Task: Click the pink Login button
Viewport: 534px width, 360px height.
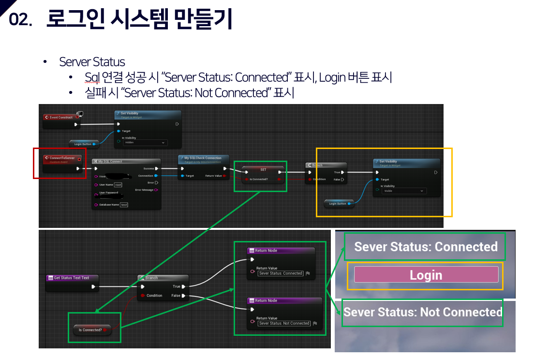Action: pos(426,275)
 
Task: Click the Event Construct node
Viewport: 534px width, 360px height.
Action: pos(61,117)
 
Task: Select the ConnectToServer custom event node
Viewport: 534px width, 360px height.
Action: pos(62,158)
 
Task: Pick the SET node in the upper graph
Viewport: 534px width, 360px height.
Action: pos(263,170)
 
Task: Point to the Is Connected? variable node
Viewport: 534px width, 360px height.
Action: pos(90,330)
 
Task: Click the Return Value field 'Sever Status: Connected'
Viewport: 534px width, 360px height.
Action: pos(280,273)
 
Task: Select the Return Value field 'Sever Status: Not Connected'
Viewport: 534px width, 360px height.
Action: pos(283,323)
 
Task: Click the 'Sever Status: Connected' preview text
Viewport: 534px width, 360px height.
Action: pos(426,247)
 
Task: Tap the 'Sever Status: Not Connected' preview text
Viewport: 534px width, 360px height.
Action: pos(423,312)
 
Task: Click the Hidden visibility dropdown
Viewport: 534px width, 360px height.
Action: pos(145,143)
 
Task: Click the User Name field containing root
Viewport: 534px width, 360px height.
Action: pos(118,184)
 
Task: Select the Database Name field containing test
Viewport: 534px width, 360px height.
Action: pos(124,205)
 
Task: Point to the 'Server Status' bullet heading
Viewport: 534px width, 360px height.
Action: pos(92,62)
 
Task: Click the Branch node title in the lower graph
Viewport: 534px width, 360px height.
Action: pos(151,278)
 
